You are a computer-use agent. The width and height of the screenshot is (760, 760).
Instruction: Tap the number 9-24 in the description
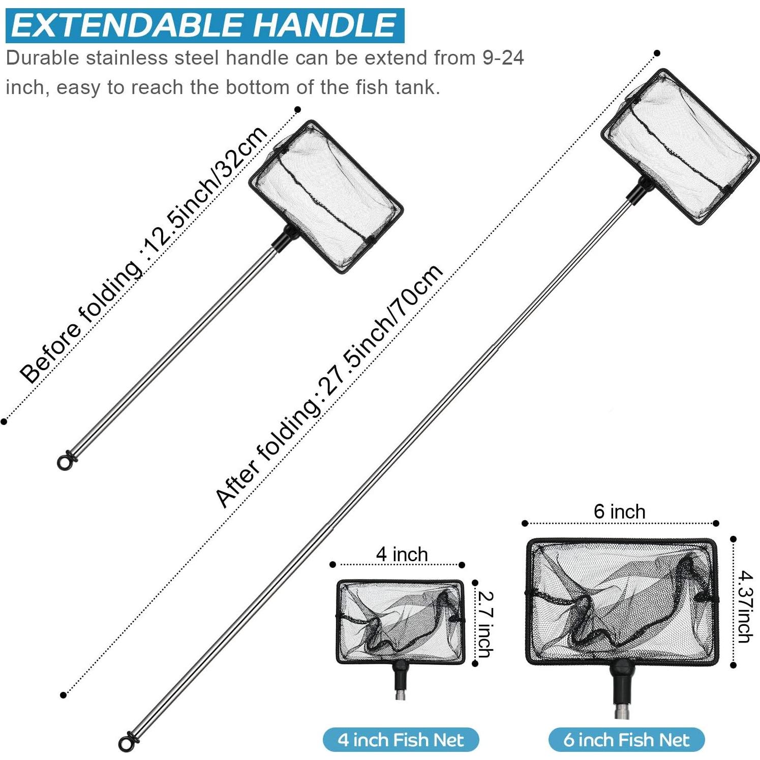(x=503, y=58)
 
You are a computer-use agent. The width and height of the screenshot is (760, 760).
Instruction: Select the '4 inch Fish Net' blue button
(x=401, y=740)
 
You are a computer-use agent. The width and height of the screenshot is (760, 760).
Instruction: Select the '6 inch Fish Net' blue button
(x=626, y=740)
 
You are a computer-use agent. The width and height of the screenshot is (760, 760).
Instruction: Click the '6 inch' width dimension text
(x=619, y=511)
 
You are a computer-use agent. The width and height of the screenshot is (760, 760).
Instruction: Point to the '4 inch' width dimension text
(x=402, y=554)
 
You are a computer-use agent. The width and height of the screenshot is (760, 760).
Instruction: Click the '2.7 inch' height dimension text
(x=485, y=624)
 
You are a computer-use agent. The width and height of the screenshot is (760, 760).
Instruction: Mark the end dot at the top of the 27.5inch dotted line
(x=657, y=53)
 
